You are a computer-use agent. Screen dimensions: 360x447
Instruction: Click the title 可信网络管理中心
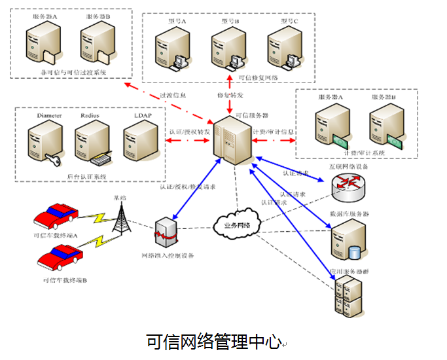click(x=213, y=341)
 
